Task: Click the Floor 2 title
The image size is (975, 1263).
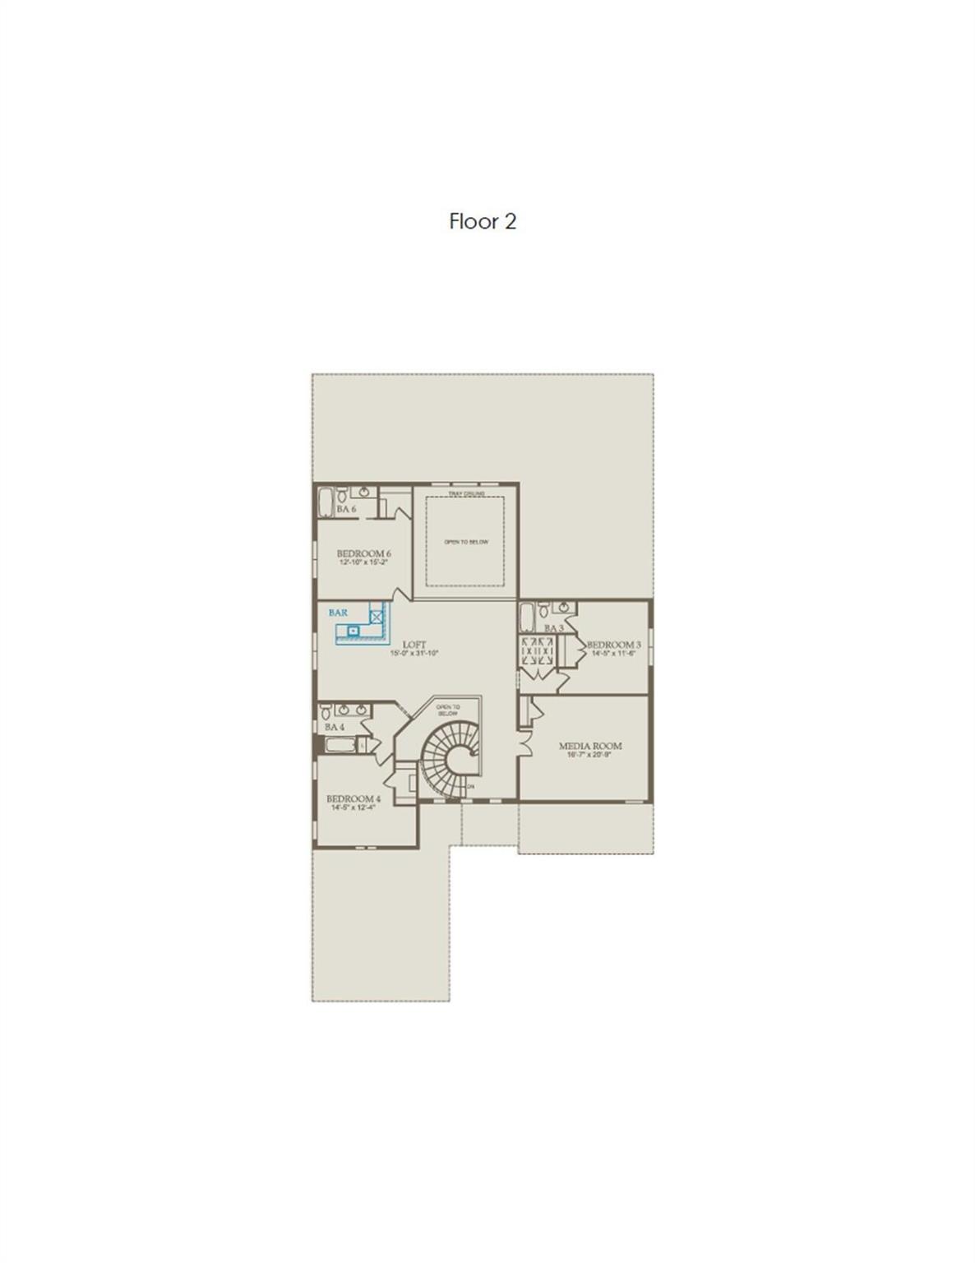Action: click(483, 221)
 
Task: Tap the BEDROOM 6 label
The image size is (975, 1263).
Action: click(363, 553)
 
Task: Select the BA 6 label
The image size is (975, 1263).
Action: click(346, 510)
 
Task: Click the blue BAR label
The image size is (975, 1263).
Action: click(338, 613)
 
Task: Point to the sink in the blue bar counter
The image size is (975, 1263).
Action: click(354, 631)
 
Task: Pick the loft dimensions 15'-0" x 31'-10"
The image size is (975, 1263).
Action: click(414, 654)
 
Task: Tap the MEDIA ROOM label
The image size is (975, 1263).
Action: click(590, 746)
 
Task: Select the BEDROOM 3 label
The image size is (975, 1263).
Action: click(613, 645)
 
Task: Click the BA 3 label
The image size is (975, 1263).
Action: click(553, 628)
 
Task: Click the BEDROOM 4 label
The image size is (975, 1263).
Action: click(353, 798)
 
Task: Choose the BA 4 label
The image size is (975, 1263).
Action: click(335, 727)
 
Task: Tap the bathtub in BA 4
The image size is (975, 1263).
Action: click(340, 746)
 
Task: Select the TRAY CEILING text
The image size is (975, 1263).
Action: click(466, 493)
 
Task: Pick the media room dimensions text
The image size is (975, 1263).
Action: click(590, 755)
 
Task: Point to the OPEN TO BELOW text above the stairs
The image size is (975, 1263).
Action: click(448, 710)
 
